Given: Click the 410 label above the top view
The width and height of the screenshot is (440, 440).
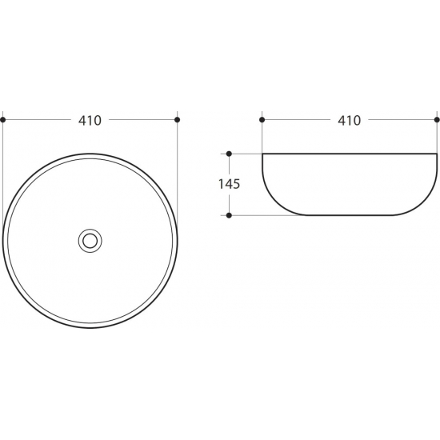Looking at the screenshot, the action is tap(90, 121).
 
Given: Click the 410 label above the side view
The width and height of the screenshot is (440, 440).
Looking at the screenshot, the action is tap(349, 121).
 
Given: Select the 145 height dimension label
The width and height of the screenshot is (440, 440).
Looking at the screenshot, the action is tap(230, 184).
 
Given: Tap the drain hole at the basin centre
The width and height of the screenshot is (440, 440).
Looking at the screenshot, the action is tap(90, 241).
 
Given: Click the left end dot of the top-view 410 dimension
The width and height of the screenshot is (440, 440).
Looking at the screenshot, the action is tap(3, 120).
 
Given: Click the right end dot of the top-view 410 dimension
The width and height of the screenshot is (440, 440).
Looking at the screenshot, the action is tap(177, 120).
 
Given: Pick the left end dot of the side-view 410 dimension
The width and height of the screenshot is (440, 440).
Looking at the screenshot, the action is tap(262, 120).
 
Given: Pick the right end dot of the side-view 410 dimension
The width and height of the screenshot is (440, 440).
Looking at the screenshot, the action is tap(437, 120).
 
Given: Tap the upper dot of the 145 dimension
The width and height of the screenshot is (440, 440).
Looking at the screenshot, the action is tap(229, 154).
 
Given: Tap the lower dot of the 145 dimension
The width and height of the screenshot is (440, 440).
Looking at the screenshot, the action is tap(229, 215).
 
